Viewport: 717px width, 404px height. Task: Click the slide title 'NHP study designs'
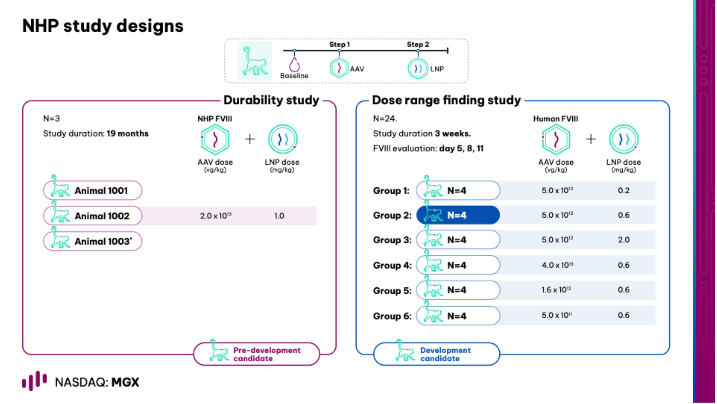103,26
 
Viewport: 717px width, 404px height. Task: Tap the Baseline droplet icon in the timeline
294,65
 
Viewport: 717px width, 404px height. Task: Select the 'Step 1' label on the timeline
339,44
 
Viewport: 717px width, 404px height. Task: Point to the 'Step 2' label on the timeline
418,44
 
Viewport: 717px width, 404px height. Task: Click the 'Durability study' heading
271,100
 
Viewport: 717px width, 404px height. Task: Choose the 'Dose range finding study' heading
446,100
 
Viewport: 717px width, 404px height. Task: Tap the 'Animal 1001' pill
93,190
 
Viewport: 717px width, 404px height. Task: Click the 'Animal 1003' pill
93,241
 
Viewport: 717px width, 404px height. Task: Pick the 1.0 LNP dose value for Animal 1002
279,216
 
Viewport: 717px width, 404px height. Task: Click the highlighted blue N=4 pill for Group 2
458,215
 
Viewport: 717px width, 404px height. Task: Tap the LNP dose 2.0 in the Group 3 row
624,240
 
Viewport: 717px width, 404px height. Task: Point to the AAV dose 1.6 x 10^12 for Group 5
556,290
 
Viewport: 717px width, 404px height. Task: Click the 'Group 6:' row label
392,316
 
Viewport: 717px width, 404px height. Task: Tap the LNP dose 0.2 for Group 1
624,190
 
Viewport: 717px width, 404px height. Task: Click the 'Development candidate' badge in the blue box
436,354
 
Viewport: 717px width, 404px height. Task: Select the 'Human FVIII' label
556,119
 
